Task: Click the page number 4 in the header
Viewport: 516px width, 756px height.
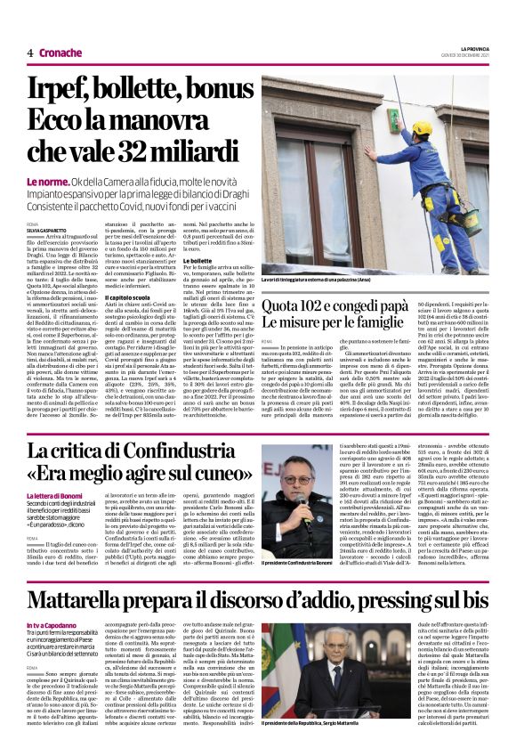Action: pos(30,53)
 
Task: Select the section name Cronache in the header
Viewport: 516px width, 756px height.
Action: pos(61,53)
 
